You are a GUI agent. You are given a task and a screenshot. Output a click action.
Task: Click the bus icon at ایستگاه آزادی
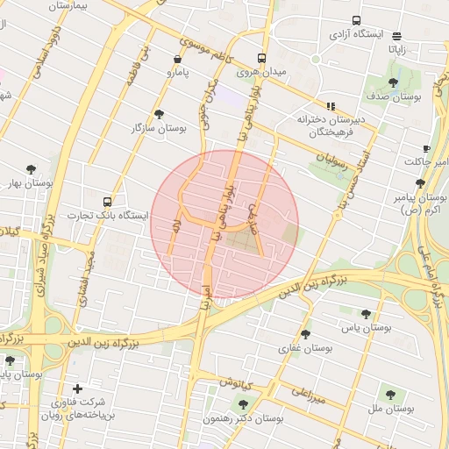[x=356, y=20]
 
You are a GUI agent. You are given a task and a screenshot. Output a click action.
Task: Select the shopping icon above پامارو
[x=179, y=60]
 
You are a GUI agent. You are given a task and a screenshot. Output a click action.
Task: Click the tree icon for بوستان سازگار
[x=159, y=114]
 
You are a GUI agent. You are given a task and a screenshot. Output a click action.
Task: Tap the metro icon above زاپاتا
[x=397, y=36]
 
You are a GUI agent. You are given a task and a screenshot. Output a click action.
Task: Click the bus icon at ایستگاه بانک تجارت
[x=107, y=201]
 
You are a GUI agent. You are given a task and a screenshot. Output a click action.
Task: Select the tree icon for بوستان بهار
[x=32, y=169]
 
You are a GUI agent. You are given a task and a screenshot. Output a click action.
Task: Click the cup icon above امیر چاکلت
[x=426, y=148]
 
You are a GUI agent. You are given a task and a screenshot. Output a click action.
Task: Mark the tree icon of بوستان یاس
[x=366, y=314]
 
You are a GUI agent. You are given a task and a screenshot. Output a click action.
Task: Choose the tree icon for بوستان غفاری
[x=305, y=334]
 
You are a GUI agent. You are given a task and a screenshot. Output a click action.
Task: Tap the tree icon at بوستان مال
[x=390, y=395]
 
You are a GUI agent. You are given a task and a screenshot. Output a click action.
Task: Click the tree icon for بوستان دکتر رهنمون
[x=243, y=404]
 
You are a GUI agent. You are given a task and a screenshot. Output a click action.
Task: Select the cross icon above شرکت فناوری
[x=78, y=388]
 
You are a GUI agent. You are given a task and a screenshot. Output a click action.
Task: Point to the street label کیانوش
[x=237, y=383]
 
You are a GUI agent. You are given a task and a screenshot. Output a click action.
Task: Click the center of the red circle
[x=224, y=224]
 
